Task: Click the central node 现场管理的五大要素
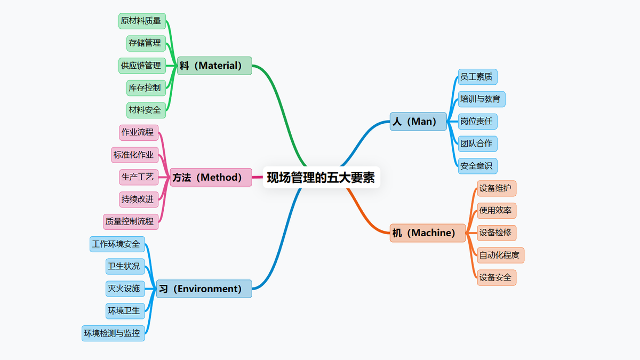(321, 177)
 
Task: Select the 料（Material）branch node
(214, 66)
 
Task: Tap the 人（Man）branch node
(418, 122)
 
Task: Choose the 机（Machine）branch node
(428, 233)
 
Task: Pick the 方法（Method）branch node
(211, 177)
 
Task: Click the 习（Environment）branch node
(204, 289)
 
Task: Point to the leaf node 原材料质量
(141, 21)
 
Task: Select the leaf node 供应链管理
(141, 66)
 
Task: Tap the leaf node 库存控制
(144, 87)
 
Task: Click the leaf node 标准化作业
(135, 155)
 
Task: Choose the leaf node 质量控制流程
(131, 221)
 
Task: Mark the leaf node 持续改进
(139, 199)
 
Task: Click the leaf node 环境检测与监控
(113, 333)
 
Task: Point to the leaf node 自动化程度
(500, 255)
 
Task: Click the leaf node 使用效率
(497, 211)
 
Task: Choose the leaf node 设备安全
(497, 277)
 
